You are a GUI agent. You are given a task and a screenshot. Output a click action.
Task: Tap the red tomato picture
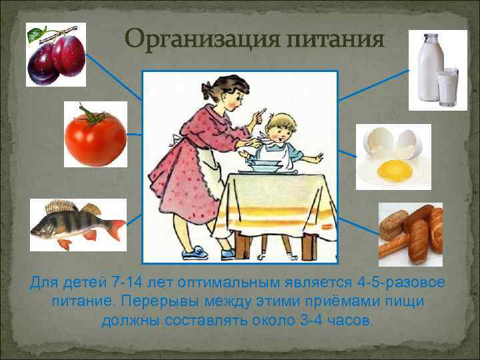[x=95, y=135]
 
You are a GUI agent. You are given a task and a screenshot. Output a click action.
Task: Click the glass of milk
[x=448, y=86]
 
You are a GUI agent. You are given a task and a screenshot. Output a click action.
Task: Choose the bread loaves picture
[x=410, y=234]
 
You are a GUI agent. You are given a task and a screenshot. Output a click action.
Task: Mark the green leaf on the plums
[x=39, y=31]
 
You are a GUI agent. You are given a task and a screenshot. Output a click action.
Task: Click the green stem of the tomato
[x=91, y=115]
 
